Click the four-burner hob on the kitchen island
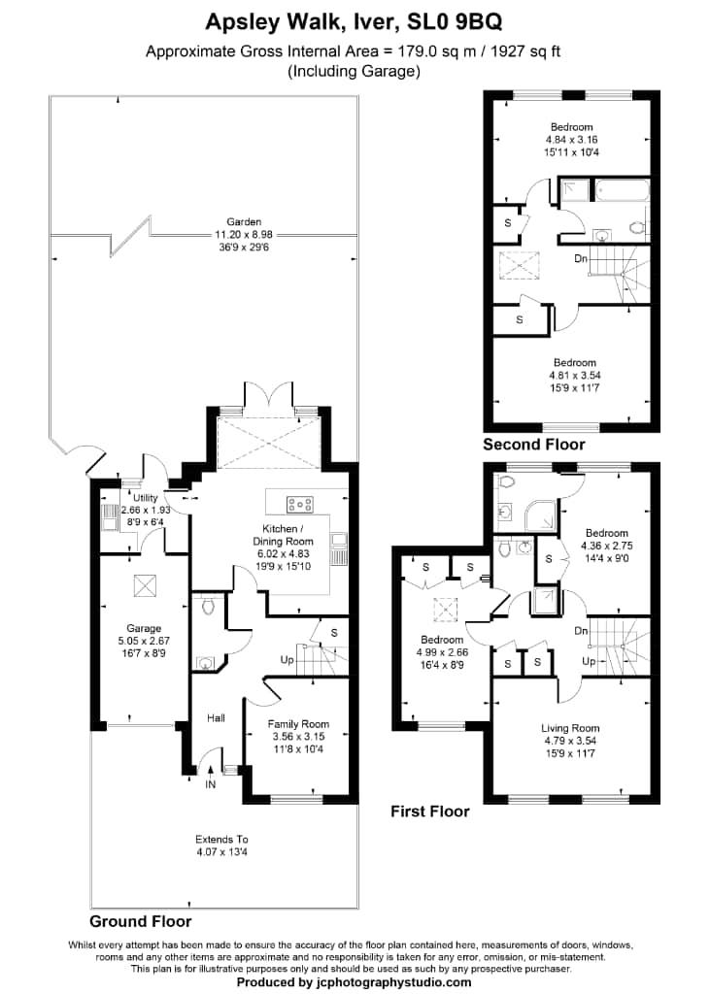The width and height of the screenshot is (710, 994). (x=299, y=503)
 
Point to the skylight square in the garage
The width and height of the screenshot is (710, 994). (x=143, y=584)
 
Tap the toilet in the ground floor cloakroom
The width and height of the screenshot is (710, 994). (x=206, y=607)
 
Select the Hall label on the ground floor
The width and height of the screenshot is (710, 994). (x=216, y=718)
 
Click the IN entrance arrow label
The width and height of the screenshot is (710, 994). (x=210, y=784)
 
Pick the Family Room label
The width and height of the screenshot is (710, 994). (x=298, y=724)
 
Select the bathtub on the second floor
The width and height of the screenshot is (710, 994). (x=616, y=189)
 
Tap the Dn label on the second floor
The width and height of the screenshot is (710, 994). (x=580, y=259)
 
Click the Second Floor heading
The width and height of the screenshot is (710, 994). (x=534, y=445)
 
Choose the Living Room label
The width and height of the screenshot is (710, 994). (x=570, y=728)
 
